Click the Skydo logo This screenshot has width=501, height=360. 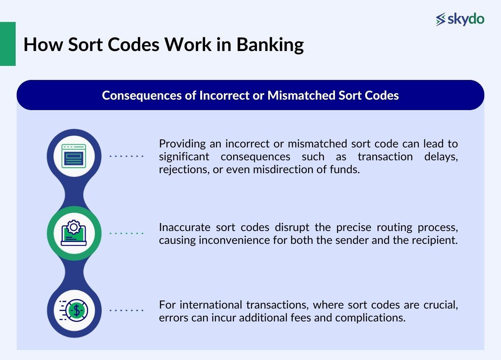click(x=460, y=19)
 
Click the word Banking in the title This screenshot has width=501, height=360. click(x=270, y=45)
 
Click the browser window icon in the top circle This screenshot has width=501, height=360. click(x=74, y=156)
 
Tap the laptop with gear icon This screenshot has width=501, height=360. click(x=74, y=233)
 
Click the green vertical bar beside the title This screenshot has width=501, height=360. click(x=8, y=44)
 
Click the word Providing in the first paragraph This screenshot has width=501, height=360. click(x=179, y=143)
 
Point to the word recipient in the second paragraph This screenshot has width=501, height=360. click(x=436, y=240)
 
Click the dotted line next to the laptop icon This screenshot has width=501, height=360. click(x=126, y=233)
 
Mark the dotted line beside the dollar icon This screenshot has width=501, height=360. click(x=126, y=310)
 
